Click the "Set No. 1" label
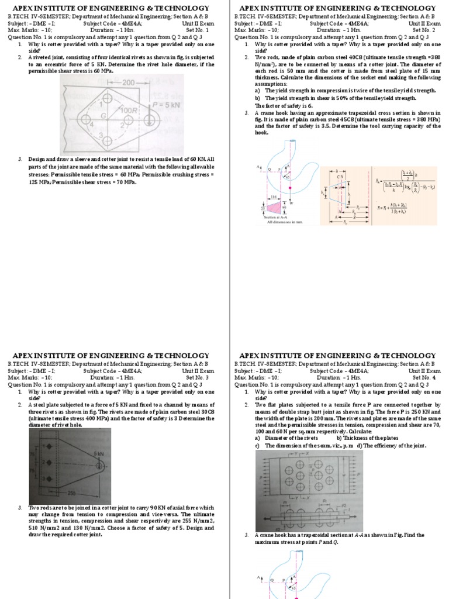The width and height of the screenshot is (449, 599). [x=197, y=29]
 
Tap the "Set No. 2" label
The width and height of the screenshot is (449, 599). [x=424, y=29]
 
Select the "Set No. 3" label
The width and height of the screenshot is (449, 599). [x=197, y=377]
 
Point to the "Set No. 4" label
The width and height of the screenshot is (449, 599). [x=424, y=377]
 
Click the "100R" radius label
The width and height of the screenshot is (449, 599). [x=128, y=110]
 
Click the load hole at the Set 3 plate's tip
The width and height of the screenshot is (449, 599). [x=100, y=449]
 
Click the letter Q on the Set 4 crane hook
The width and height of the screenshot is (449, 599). [x=271, y=580]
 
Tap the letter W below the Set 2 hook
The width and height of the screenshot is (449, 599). [x=291, y=204]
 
